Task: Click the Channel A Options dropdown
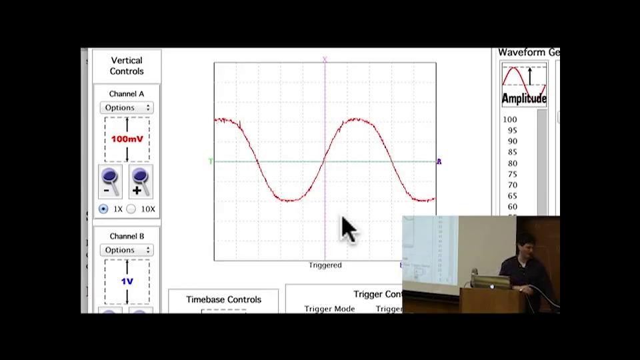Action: [x=127, y=107]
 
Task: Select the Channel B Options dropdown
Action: [x=127, y=250]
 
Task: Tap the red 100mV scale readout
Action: [x=127, y=139]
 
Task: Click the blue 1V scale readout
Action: [x=127, y=281]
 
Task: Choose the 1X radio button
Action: [x=103, y=209]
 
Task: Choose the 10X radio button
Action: [x=131, y=209]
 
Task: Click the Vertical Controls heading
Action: [x=127, y=66]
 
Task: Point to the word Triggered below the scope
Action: [x=325, y=265]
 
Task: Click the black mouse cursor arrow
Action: [x=349, y=229]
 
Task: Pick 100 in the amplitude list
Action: [x=510, y=120]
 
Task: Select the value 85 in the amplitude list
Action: [x=512, y=152]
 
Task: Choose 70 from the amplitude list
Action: [x=512, y=185]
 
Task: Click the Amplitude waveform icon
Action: [x=524, y=85]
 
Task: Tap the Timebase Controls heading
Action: [x=223, y=300]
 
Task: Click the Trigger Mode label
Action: [x=329, y=309]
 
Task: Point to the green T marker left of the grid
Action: [x=211, y=161]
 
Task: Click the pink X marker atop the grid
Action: [x=325, y=60]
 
